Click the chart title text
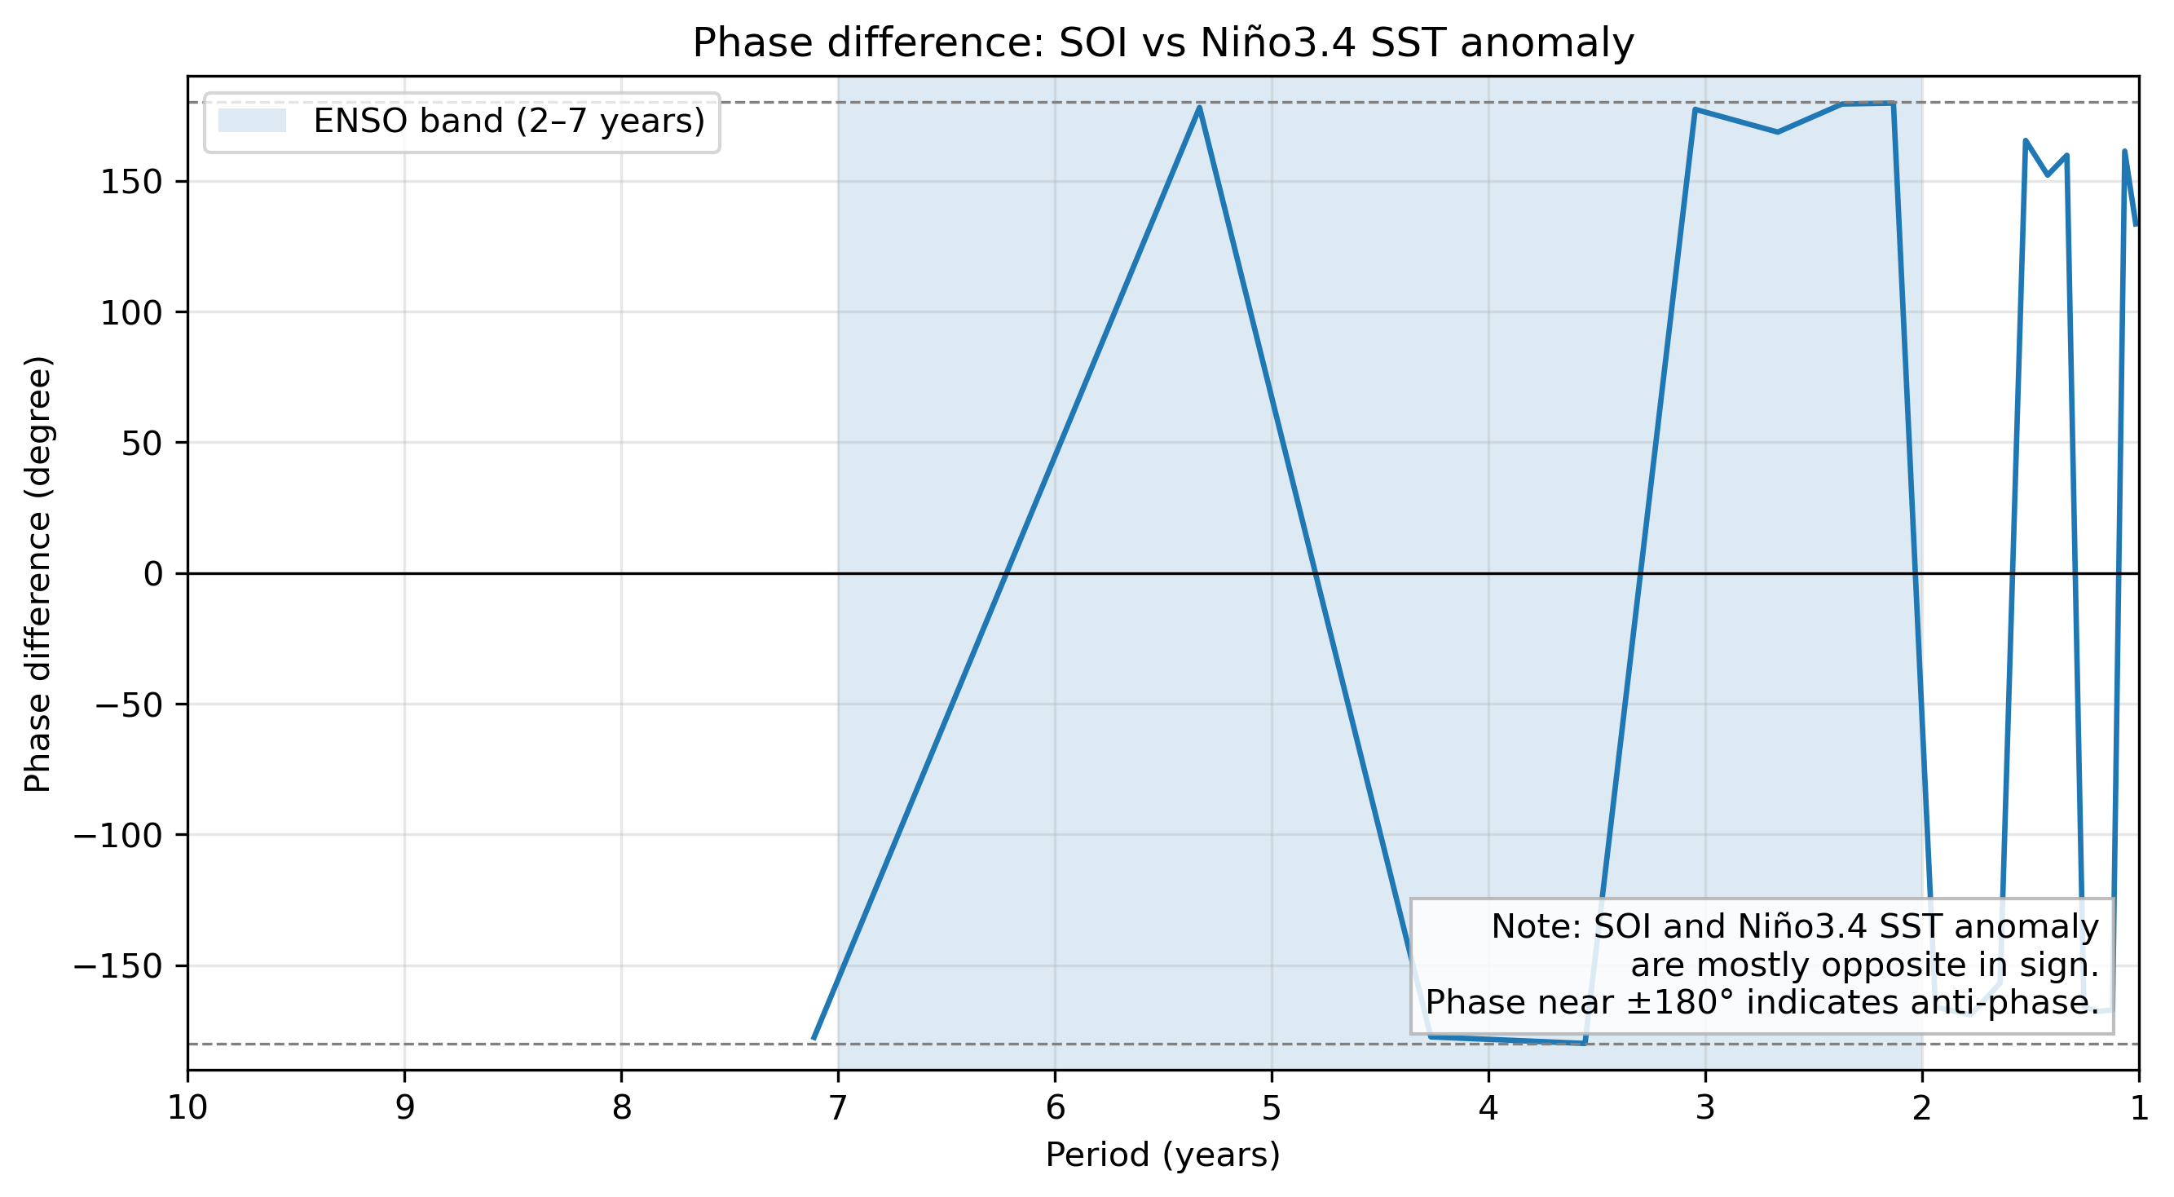point(1162,43)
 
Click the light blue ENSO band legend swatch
point(252,121)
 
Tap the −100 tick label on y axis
point(117,836)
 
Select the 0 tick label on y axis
point(152,575)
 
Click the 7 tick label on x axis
point(837,1107)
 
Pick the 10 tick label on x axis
point(187,1107)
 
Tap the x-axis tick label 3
point(1704,1107)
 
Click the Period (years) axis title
point(1162,1155)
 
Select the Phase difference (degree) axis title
point(38,574)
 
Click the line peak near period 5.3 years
point(1199,107)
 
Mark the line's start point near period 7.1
point(814,1038)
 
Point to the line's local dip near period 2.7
point(1777,133)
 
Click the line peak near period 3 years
point(1696,110)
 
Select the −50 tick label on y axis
point(128,705)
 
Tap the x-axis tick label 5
point(1271,1107)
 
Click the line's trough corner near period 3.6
point(1584,1044)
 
